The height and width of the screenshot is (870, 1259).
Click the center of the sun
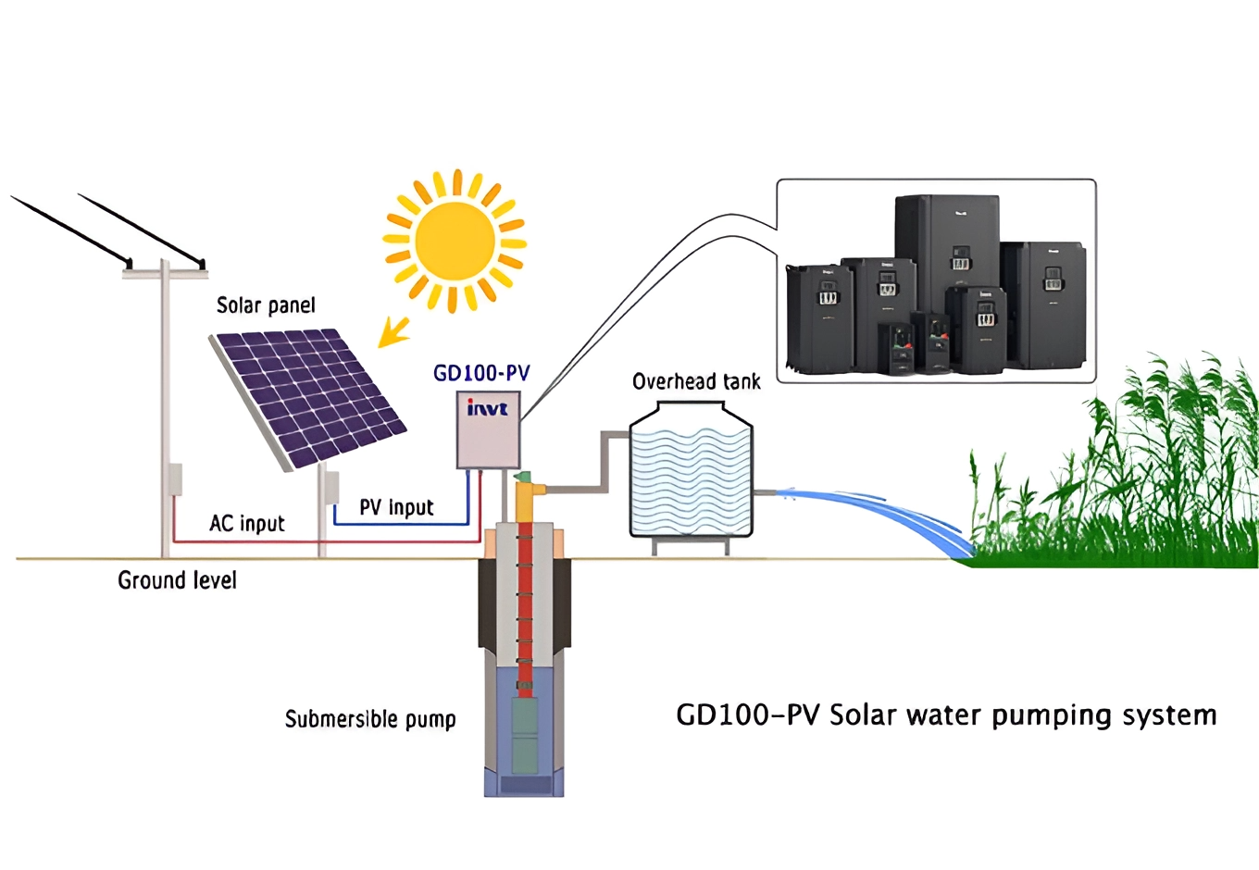pos(455,241)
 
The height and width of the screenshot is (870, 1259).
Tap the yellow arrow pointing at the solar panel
pos(395,330)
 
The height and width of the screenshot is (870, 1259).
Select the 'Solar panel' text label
pos(266,305)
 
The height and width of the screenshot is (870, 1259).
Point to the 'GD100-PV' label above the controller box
pos(481,373)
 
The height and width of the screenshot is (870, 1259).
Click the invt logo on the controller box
pos(487,408)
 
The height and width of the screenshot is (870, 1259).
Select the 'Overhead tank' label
pos(696,381)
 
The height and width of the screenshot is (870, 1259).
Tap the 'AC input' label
pos(246,523)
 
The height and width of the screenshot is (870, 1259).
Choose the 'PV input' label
pos(396,507)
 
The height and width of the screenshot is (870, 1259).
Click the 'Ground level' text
pos(177,580)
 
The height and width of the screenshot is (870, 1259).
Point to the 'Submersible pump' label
pos(370,719)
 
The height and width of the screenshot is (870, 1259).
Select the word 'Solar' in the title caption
pos(863,715)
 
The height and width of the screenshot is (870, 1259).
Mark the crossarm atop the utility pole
pos(165,273)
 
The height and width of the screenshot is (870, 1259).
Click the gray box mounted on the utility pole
pos(174,479)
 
